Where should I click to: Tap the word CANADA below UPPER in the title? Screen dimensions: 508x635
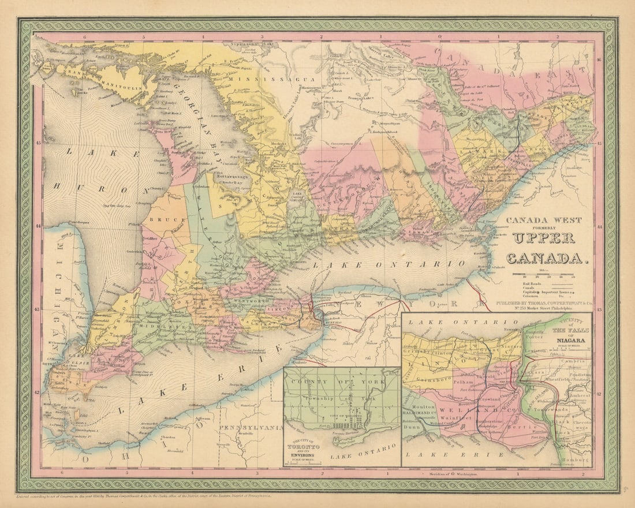point(547,257)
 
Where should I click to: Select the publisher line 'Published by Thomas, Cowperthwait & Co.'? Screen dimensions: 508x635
point(544,302)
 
